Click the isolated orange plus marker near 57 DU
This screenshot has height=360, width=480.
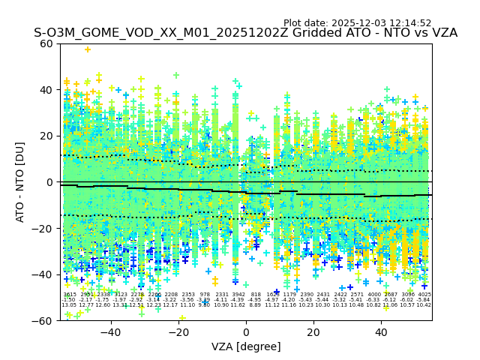coord(88,49)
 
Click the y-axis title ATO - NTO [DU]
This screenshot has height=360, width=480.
coord(21,181)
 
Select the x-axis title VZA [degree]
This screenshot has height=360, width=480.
coord(246,346)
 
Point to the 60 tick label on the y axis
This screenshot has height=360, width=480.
coord(46,43)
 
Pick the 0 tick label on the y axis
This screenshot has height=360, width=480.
coord(49,182)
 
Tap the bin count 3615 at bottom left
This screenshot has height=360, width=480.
coord(70,295)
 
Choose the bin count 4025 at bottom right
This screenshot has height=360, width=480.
coord(424,295)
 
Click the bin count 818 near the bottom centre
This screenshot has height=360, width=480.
coord(256,295)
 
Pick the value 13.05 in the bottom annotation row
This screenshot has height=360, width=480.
coord(69,305)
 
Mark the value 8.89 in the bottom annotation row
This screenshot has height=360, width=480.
coord(256,305)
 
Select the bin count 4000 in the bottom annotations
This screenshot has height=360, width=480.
coord(373,295)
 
